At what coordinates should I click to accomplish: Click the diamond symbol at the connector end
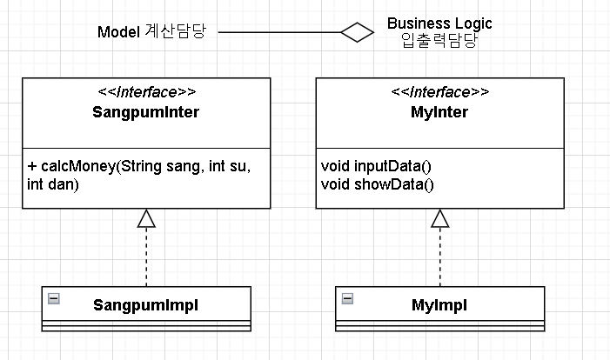pos(357,33)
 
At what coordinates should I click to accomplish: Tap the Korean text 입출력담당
pos(439,40)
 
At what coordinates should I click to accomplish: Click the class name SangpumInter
pos(145,112)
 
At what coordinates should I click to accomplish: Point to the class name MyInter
pos(439,112)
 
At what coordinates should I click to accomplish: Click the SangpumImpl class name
pos(146,305)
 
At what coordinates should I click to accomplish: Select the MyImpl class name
pos(439,305)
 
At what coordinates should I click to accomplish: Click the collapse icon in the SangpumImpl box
pos(54,298)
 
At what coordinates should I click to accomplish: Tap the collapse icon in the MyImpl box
pos(347,298)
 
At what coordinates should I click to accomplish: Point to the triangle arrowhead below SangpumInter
pos(146,218)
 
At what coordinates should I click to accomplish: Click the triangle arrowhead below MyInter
pos(439,218)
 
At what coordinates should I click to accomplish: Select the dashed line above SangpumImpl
pos(146,257)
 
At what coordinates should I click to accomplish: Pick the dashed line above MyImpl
pos(439,257)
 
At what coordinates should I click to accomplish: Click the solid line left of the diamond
pos(278,33)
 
